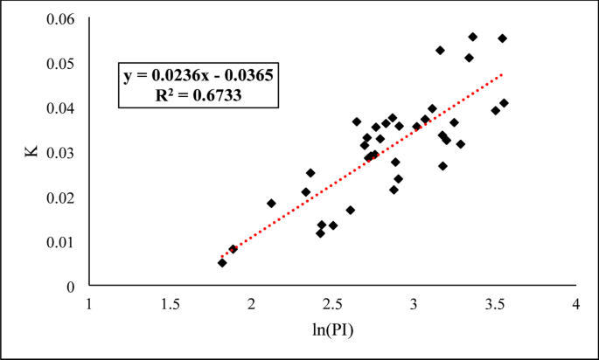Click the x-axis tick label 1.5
click(170, 303)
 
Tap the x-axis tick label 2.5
click(332, 303)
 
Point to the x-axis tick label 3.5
click(494, 303)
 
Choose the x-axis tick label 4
click(575, 303)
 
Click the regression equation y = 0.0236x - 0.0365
click(199, 76)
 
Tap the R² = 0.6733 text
click(199, 96)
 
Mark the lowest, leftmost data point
click(222, 262)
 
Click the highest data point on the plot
click(473, 37)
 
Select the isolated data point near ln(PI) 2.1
click(271, 204)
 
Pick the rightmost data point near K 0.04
click(504, 103)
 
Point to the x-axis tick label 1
click(88, 303)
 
